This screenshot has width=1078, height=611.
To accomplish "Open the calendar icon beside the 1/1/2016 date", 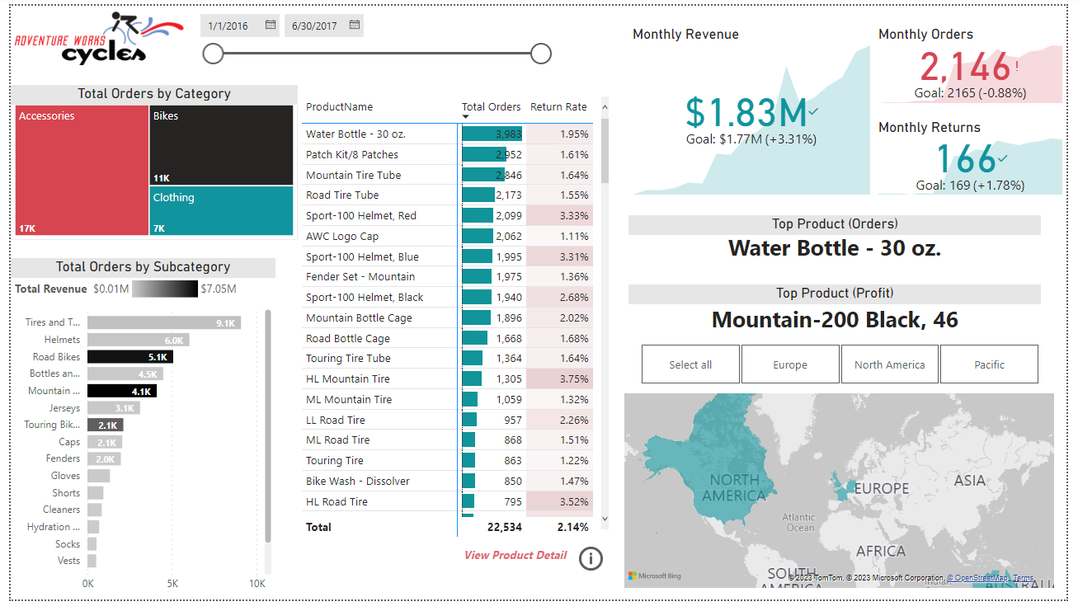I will [270, 26].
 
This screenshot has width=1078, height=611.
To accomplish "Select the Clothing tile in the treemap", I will [221, 211].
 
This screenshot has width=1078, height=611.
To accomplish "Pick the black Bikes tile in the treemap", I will [221, 144].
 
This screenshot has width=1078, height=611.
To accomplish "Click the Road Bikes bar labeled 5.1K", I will [129, 357].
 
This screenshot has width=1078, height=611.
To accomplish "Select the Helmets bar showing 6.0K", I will [138, 340].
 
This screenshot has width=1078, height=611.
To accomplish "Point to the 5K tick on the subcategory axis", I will [172, 584].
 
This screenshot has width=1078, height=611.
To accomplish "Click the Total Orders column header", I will [491, 107].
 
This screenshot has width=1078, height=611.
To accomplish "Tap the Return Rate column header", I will [558, 107].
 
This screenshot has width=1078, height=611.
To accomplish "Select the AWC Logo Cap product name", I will [342, 236].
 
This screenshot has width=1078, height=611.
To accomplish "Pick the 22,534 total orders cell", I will [504, 527].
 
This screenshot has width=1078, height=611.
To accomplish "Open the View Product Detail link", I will [515, 555].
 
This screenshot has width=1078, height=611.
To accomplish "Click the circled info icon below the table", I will [591, 558].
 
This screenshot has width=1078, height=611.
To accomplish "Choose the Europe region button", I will [790, 364].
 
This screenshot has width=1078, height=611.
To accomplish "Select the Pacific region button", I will [989, 364].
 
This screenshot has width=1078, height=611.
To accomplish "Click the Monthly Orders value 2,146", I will [964, 68].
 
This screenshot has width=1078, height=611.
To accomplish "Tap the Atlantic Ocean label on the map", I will [799, 523].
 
